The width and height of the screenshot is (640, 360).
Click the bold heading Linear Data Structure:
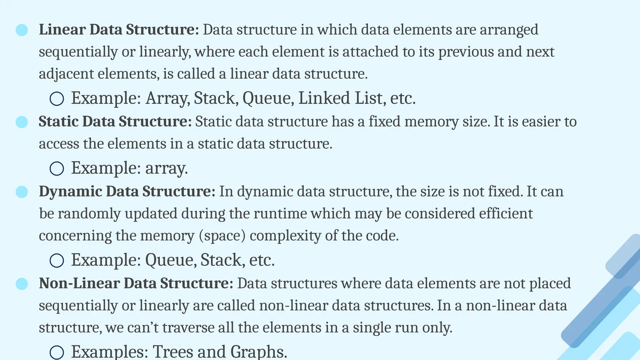119,30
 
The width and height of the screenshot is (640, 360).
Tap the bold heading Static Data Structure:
115,122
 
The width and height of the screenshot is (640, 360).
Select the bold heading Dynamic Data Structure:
127,192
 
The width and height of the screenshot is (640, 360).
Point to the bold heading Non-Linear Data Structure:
136,283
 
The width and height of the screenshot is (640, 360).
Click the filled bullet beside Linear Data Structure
22,30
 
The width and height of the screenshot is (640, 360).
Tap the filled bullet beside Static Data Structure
22,122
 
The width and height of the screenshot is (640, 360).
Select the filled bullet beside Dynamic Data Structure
22,192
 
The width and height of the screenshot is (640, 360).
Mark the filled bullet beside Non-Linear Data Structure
22,284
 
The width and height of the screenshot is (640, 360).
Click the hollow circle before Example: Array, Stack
57,99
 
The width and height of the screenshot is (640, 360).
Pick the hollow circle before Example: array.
57,169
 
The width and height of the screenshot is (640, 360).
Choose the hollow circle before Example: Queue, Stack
57,260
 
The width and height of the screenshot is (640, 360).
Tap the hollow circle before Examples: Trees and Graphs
57,352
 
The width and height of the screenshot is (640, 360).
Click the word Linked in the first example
324,98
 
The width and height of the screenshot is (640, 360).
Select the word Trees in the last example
173,352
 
